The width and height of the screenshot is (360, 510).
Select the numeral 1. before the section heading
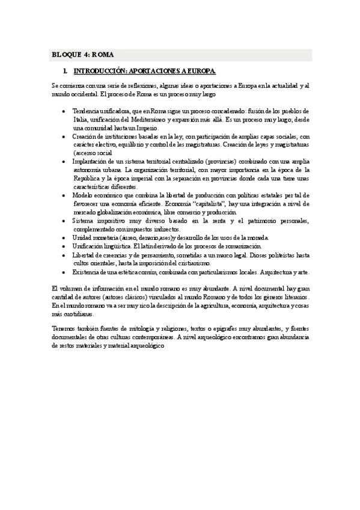(x=73, y=71)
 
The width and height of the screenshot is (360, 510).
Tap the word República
(x=87, y=179)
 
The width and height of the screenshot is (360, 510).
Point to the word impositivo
(x=112, y=221)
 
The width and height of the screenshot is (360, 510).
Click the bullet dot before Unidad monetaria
(x=64, y=238)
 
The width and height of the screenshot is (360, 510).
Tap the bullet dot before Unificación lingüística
(x=64, y=247)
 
